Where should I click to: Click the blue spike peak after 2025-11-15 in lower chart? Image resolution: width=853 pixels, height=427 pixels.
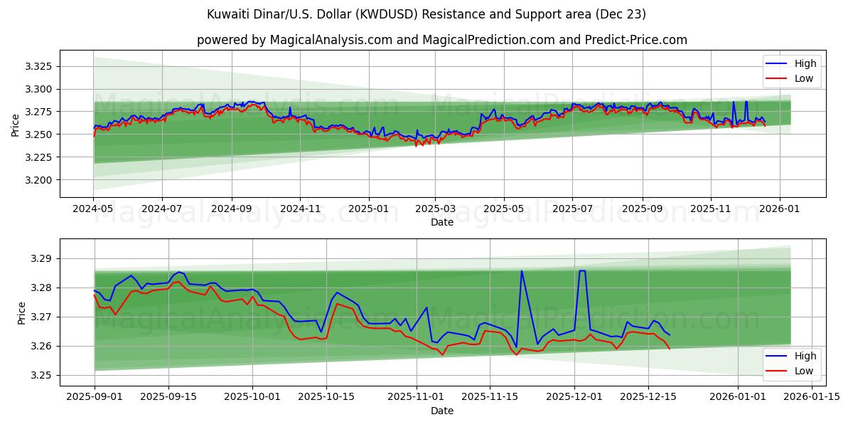[522, 270]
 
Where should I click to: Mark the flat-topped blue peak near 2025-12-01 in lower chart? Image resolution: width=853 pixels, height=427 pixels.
[582, 270]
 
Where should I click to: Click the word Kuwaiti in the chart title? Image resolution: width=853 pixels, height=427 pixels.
[227, 14]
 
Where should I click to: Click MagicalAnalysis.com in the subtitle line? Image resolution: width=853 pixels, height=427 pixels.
[331, 40]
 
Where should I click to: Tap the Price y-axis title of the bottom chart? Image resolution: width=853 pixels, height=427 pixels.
[21, 313]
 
